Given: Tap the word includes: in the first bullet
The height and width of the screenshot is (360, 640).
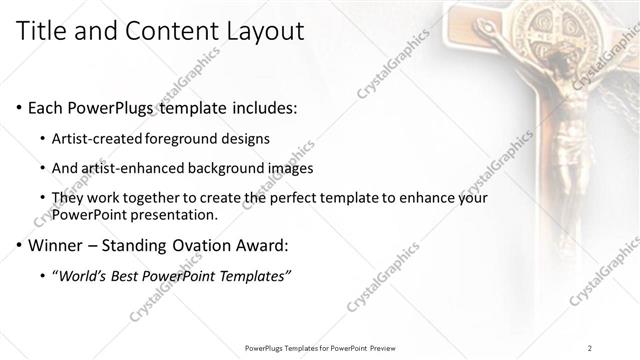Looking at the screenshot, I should point(261,107).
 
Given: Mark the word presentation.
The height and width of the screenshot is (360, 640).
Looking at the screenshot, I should point(176,214).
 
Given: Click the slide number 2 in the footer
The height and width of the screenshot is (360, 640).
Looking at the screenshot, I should point(590,348).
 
